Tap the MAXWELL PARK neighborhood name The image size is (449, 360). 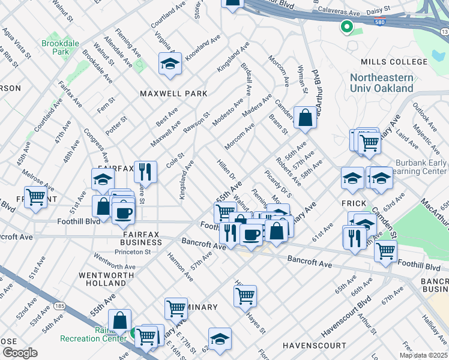click(x=173, y=94)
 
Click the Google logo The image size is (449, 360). click(x=20, y=353)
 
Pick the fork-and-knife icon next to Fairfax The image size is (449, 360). click(x=145, y=172)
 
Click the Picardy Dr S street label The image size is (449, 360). click(x=278, y=184)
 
